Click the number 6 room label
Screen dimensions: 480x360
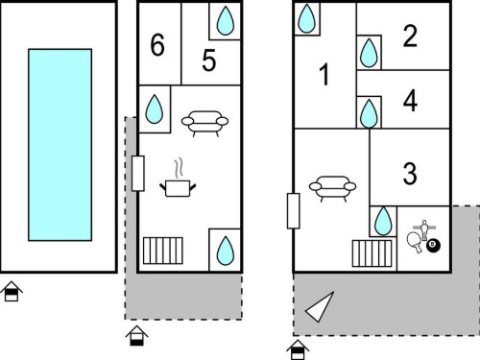tap(157, 45)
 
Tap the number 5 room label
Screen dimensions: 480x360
tap(209, 60)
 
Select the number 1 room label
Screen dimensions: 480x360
tap(324, 74)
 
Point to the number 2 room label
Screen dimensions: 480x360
tap(410, 36)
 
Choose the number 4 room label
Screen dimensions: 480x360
tap(410, 101)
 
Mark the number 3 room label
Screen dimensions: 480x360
tap(410, 173)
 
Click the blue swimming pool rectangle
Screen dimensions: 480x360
tap(60, 145)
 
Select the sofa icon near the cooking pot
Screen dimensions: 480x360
tap(204, 123)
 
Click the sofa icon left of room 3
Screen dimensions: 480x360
tap(332, 188)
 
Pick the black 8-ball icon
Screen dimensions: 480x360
tap(433, 246)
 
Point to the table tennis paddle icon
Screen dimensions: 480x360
tap(415, 242)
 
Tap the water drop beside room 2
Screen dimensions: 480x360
tap(369, 53)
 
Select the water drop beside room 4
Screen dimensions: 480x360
tap(369, 113)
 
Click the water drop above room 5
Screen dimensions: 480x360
tap(226, 21)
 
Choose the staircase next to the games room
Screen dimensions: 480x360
tap(372, 253)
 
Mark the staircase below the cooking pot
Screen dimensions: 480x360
tap(163, 251)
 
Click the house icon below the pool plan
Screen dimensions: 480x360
tap(12, 291)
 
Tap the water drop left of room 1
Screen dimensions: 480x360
tap(306, 18)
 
